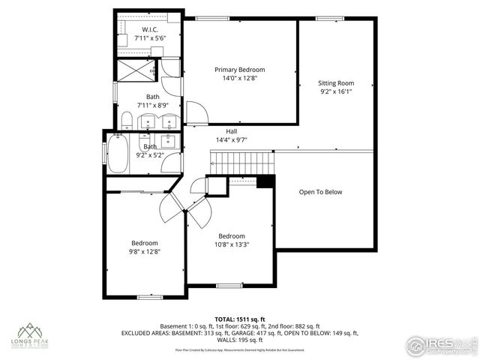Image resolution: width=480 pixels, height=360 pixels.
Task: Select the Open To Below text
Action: click(320, 192)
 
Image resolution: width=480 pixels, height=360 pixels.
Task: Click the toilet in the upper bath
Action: click(127, 121)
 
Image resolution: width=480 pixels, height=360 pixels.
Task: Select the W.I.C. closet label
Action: click(149, 29)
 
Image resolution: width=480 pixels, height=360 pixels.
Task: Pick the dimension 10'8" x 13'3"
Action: click(232, 244)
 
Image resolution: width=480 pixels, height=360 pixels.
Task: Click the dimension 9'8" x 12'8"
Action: click(145, 251)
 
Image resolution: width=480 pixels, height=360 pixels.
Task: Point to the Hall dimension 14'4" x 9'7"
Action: click(231, 139)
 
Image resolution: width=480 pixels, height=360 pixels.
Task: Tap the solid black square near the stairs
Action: click(264, 181)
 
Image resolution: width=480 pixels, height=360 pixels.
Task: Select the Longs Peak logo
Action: click(29, 337)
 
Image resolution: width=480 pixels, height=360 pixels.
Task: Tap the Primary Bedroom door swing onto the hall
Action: click(196, 113)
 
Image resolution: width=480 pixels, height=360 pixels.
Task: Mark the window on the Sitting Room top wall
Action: click(324, 18)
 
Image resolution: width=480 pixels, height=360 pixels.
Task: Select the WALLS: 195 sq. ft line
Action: click(239, 340)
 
